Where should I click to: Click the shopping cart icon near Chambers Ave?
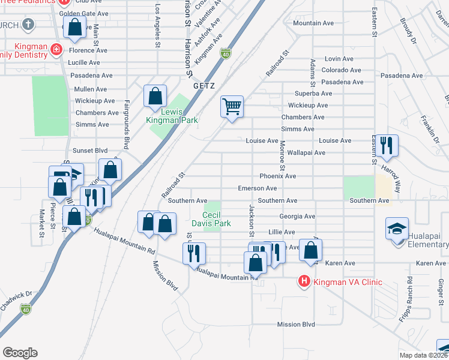tap(232, 107)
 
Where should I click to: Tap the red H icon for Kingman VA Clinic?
tap(304, 281)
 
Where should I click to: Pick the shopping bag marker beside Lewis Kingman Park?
tap(155, 96)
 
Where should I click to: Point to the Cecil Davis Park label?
tap(216, 219)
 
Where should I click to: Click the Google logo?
tap(19, 352)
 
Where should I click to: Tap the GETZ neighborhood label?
tap(203, 86)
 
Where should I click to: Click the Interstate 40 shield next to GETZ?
tap(226, 53)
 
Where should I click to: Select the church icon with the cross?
tap(28, 25)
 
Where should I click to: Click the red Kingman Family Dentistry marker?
tap(56, 49)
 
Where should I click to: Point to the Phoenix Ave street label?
tap(278, 176)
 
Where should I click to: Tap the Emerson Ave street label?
tap(257, 188)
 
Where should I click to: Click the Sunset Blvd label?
tap(90, 151)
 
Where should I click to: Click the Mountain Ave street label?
tap(313, 23)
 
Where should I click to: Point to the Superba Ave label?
tap(313, 94)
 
